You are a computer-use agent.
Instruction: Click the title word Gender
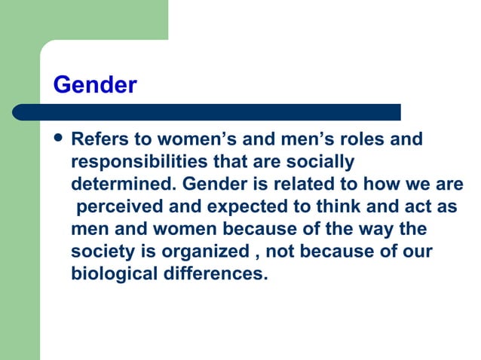pos(94,85)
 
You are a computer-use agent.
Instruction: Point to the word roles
pos(364,140)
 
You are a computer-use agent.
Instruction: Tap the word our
pos(418,251)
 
